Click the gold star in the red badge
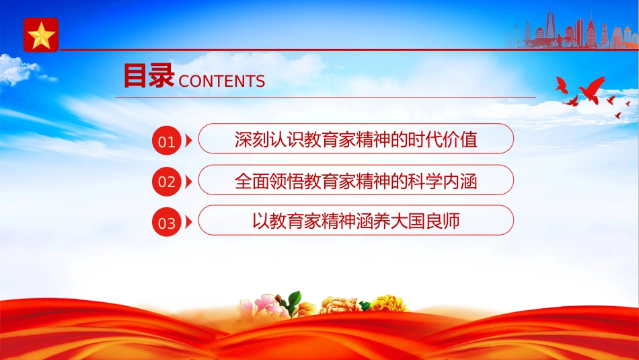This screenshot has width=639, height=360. click(x=41, y=36)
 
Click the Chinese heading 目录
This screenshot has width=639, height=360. click(x=149, y=75)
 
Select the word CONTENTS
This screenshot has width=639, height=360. click(x=222, y=81)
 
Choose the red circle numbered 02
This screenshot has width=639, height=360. click(x=167, y=182)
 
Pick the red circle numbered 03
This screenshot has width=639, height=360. click(x=167, y=222)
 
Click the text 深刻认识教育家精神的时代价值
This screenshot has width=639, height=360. click(x=356, y=139)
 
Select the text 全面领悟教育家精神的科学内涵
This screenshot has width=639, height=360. click(x=356, y=180)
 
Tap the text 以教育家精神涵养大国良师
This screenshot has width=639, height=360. click(x=356, y=221)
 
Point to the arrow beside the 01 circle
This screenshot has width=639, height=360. click(x=188, y=141)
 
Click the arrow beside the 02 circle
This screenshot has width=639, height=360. click(x=188, y=182)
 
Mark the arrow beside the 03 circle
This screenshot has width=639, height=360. click(x=188, y=222)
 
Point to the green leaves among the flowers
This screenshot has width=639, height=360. click(x=293, y=301)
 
